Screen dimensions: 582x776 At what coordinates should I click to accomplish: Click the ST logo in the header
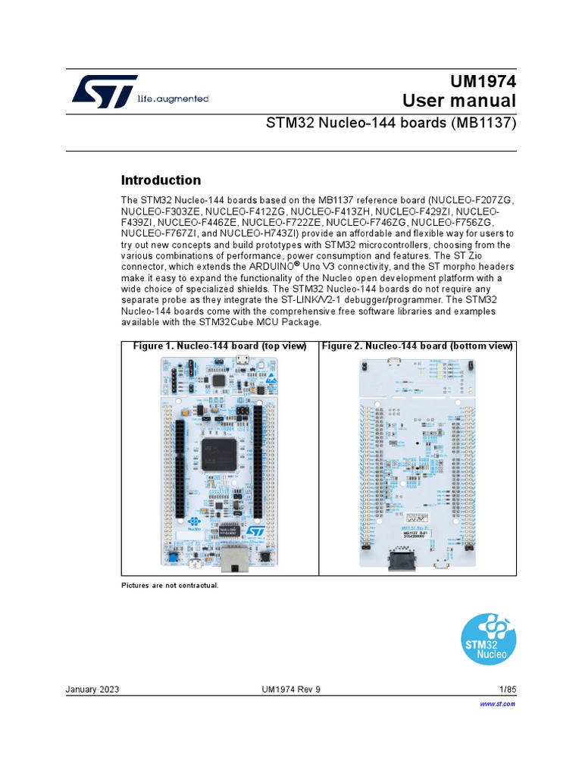(105, 92)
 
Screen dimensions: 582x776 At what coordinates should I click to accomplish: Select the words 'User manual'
(459, 102)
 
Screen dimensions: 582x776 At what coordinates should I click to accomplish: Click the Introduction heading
(161, 180)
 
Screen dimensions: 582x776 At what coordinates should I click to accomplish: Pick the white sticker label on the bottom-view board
(414, 536)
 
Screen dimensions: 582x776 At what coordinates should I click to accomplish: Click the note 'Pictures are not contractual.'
(170, 586)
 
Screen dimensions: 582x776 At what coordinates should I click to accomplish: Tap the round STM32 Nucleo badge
(490, 638)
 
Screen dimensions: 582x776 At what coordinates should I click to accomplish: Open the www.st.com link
(498, 704)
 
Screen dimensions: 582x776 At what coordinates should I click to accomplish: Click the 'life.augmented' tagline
(173, 99)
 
